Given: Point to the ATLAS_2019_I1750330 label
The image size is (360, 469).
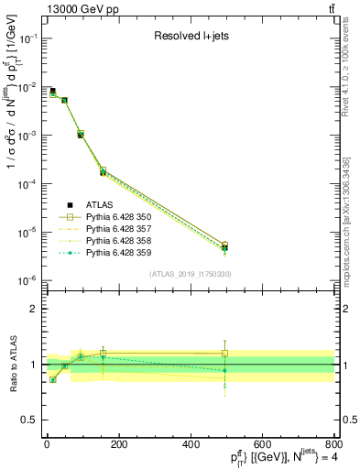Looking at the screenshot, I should (x=191, y=274).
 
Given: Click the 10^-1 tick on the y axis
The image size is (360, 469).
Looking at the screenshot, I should (x=28, y=38).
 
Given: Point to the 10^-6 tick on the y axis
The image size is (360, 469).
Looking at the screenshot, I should (x=28, y=280).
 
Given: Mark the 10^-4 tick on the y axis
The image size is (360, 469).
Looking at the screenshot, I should (x=28, y=184).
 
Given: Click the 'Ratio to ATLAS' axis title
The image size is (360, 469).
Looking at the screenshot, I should (x=10, y=365).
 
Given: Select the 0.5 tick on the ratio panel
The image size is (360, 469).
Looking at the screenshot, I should (x=32, y=420).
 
